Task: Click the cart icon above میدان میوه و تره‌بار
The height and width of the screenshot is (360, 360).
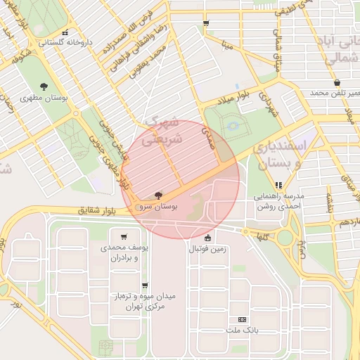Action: (145, 285)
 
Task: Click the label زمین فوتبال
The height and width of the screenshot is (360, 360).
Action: (207, 248)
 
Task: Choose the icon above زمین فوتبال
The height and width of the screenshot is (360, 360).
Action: (207, 237)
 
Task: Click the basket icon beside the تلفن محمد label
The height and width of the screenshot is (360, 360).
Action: (337, 82)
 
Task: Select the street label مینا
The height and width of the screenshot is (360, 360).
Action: (226, 46)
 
